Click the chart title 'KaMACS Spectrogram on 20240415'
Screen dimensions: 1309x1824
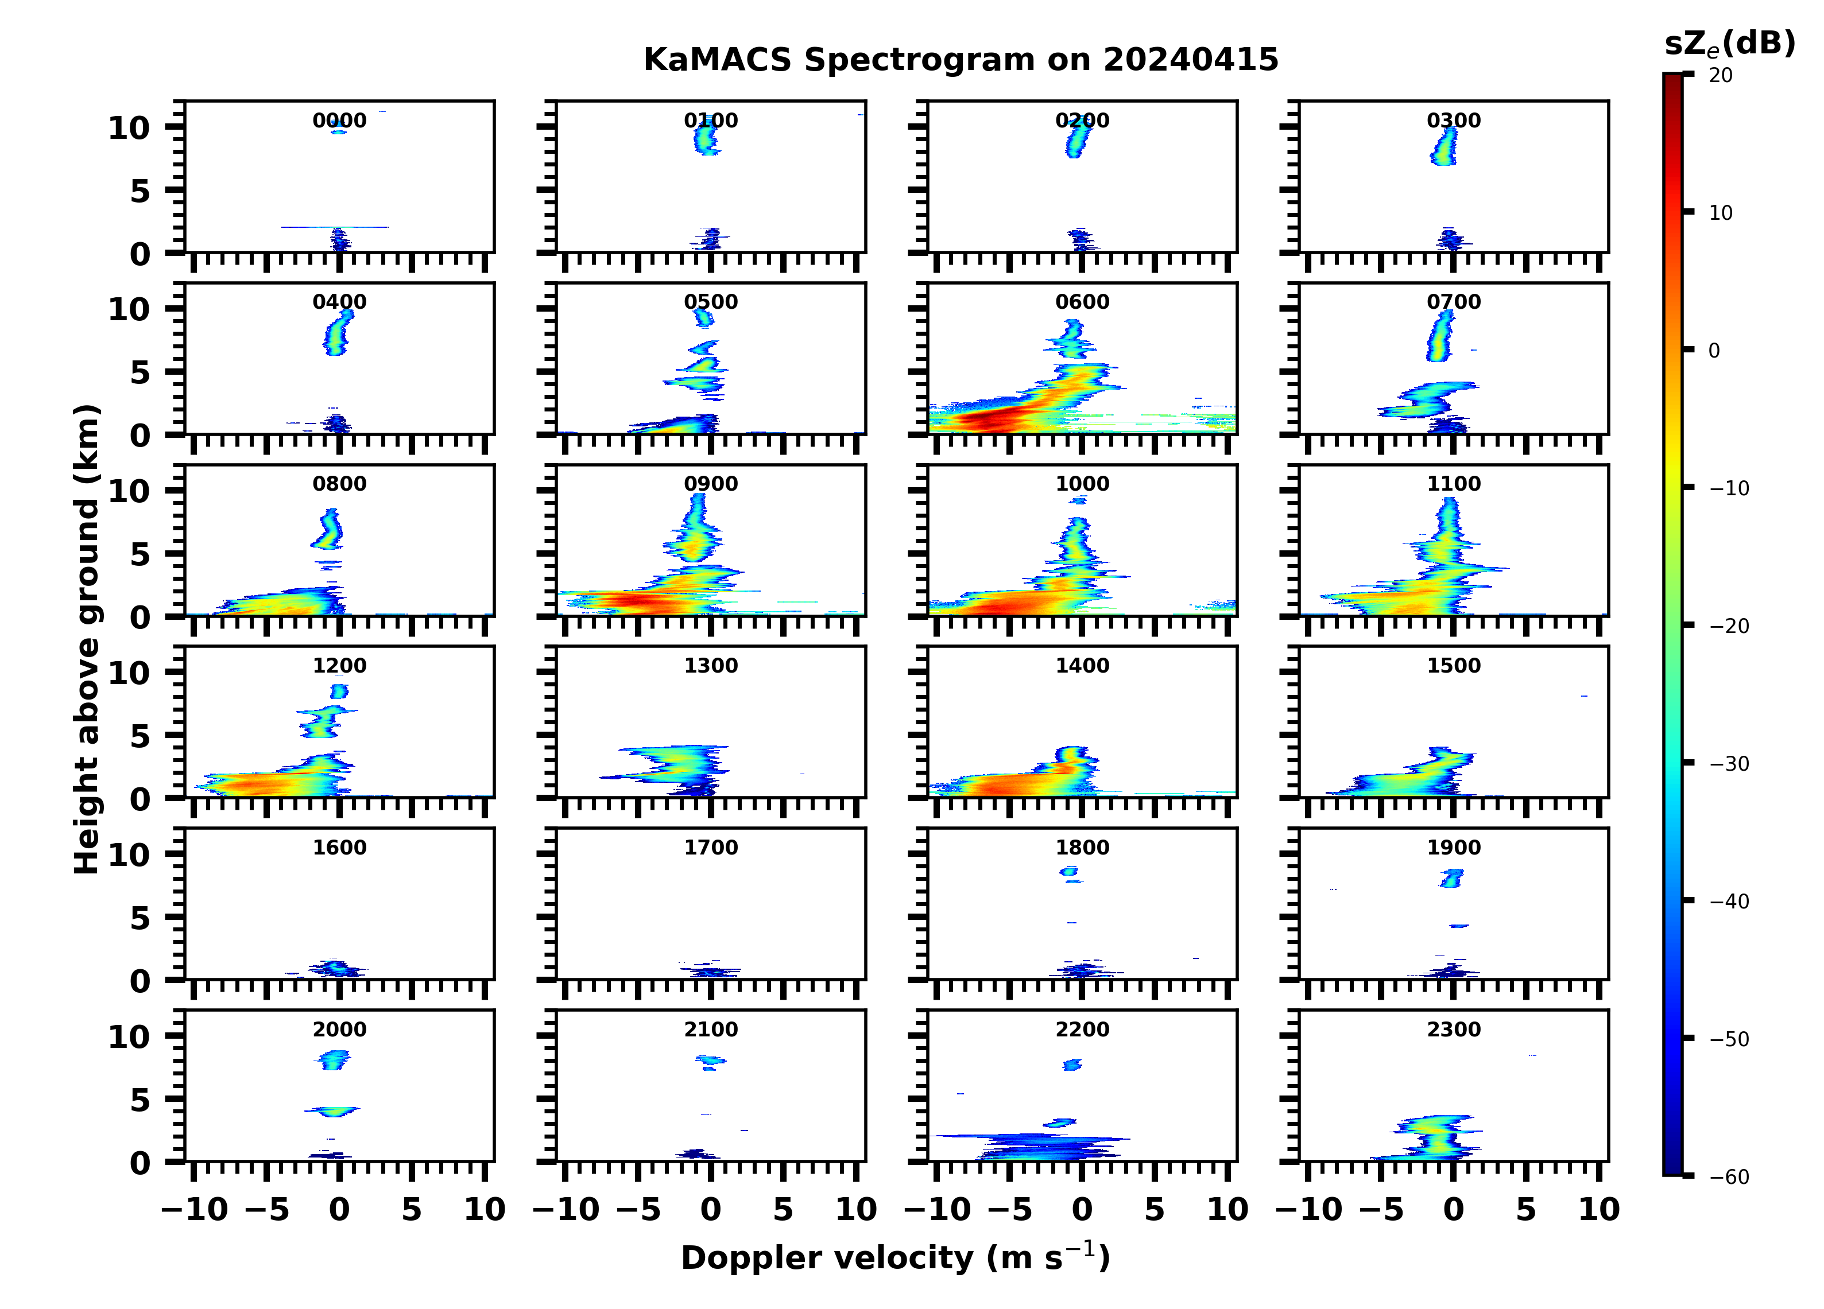[961, 60]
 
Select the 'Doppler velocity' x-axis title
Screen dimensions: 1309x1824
[895, 1258]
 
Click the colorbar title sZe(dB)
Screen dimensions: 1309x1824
[1729, 44]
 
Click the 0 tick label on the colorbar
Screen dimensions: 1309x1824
[1714, 351]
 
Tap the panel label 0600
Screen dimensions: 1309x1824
[1082, 302]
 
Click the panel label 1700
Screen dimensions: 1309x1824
[710, 848]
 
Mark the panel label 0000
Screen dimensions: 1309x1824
[339, 121]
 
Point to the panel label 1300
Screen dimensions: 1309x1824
[710, 666]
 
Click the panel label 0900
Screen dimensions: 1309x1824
[710, 484]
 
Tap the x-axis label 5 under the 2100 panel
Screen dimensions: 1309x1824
[783, 1210]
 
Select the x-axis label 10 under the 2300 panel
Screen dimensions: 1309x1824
[1599, 1210]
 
